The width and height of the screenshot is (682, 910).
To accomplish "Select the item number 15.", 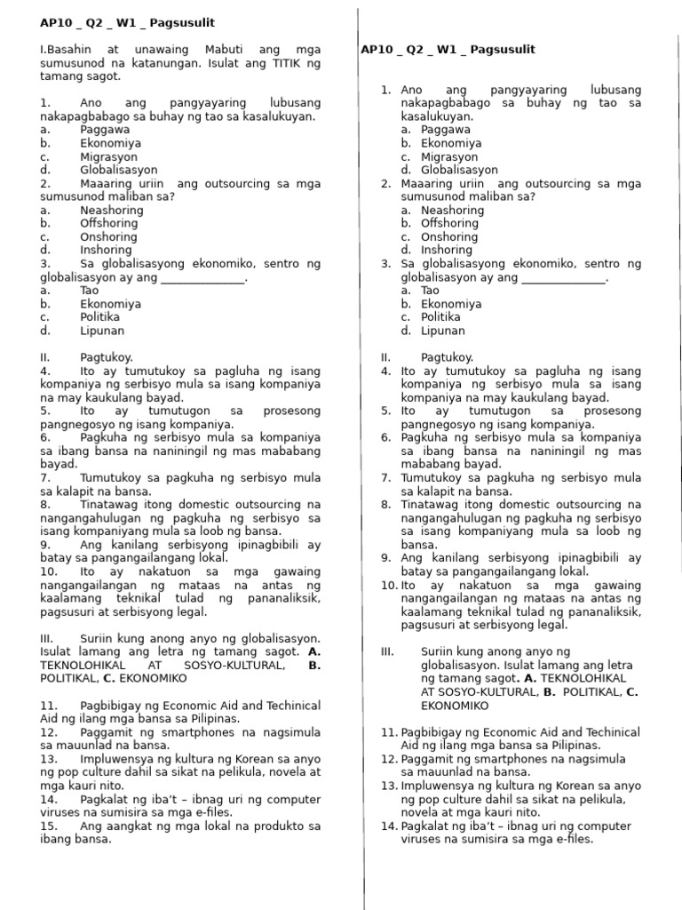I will pyautogui.click(x=49, y=826).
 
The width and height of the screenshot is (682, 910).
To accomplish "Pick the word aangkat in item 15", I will pyautogui.click(x=128, y=826).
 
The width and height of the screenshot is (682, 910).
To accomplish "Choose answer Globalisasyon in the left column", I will pyautogui.click(x=118, y=170).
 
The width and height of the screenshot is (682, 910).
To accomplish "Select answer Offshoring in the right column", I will pyautogui.click(x=451, y=224).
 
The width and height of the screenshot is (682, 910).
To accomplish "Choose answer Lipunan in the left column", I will pyautogui.click(x=101, y=331).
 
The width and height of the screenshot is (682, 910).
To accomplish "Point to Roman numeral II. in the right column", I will pyautogui.click(x=386, y=357).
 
